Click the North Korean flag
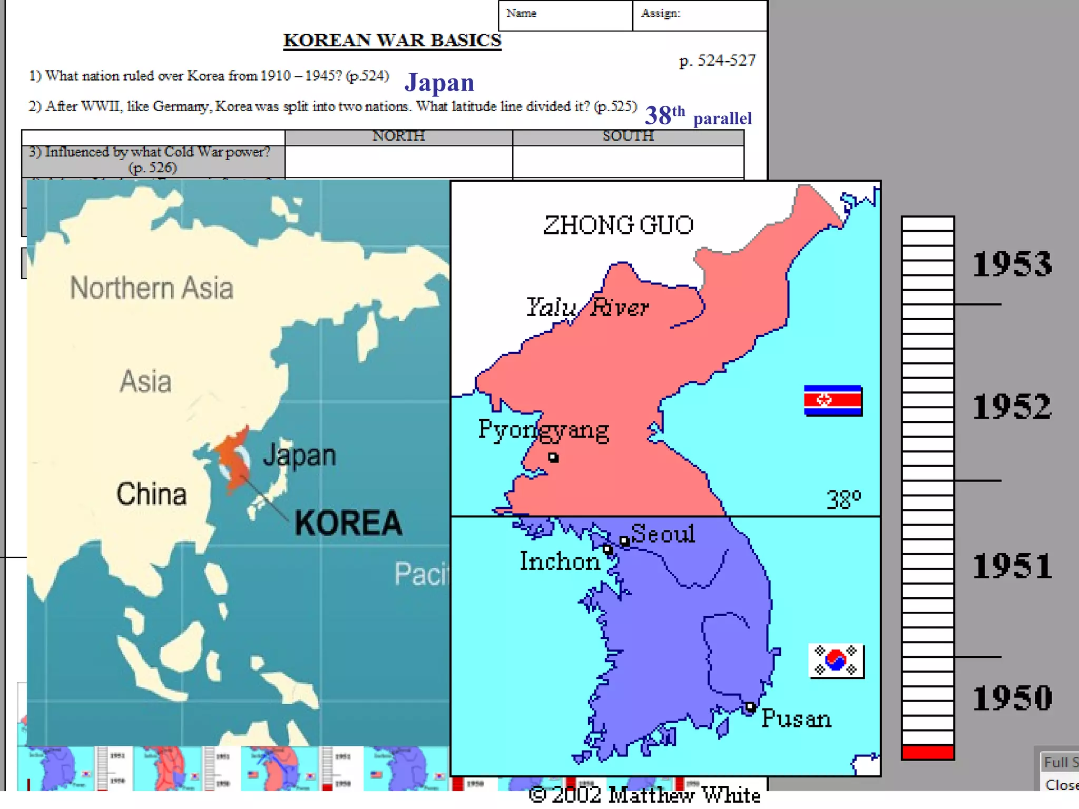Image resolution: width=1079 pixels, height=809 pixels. [x=833, y=401]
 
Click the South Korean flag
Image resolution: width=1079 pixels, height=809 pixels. [x=836, y=660]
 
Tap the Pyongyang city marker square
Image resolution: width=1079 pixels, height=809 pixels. [x=553, y=457]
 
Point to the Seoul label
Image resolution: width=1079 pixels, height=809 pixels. [x=663, y=534]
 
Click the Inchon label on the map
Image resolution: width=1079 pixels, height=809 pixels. [x=560, y=561]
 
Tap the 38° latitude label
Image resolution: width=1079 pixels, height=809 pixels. [x=843, y=499]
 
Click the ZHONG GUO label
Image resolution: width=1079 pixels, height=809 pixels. [x=618, y=225]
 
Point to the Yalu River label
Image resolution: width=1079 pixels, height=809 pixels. [x=587, y=307]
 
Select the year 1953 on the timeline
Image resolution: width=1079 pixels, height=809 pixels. [x=1012, y=264]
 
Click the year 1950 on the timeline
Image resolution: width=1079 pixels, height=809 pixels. [x=1012, y=698]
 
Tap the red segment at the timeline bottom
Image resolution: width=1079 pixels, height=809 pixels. [x=927, y=752]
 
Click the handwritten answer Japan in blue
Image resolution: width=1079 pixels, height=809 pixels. [x=439, y=83]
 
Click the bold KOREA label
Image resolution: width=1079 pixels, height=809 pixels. [x=348, y=523]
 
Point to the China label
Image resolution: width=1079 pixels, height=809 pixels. [x=151, y=494]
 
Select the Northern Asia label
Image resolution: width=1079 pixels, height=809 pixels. [x=152, y=288]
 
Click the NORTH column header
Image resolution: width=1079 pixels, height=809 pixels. [x=398, y=136]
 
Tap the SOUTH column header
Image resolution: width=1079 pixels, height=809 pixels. [x=628, y=136]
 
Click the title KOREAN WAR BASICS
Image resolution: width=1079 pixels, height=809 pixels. [x=393, y=41]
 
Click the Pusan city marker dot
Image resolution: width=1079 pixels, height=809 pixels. [x=750, y=707]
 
